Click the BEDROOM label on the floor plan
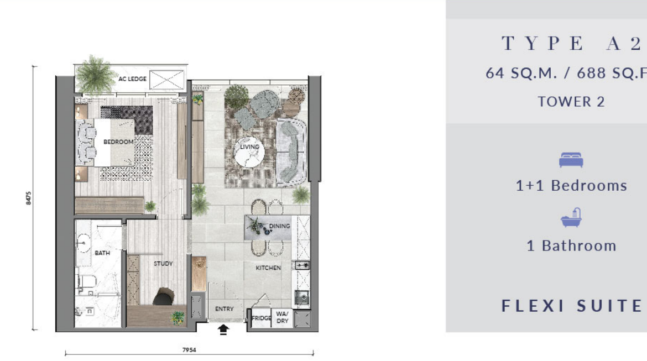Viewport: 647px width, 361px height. point(118,142)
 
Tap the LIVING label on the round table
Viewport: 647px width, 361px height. point(249,147)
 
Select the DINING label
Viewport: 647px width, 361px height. point(279,226)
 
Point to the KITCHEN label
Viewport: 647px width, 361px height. point(268,268)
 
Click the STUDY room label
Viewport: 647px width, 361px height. point(163,264)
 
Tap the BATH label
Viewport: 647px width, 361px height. point(102,253)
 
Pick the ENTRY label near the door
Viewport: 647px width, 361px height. point(224,309)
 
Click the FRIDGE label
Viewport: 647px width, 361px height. point(262,318)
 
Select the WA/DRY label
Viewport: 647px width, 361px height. point(283,317)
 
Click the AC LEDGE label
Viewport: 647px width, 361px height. point(133,79)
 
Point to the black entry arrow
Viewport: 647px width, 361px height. point(223,329)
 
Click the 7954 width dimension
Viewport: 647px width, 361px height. point(189,350)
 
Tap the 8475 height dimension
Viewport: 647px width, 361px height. point(28,198)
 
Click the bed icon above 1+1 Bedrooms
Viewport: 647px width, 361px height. point(571,160)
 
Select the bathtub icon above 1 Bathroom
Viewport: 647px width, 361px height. point(571,218)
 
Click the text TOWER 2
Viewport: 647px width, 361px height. point(571,102)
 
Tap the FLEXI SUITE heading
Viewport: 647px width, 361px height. point(572,306)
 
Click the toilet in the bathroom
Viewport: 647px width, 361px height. point(87,282)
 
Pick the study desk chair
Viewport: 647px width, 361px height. point(164,296)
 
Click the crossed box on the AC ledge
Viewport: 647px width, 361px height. point(166,80)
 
